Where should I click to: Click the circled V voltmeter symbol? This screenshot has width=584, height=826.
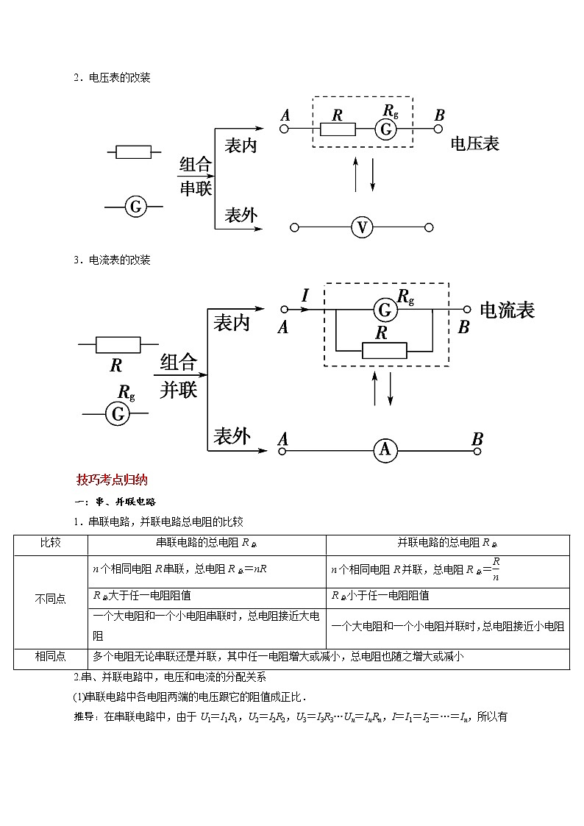pyautogui.click(x=361, y=228)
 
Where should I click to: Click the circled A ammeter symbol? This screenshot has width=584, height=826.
pyautogui.click(x=385, y=449)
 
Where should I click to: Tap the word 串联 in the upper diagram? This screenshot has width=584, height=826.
pyautogui.click(x=196, y=188)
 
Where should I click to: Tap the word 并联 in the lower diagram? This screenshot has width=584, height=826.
pyautogui.click(x=179, y=389)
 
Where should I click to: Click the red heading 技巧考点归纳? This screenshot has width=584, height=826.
pyautogui.click(x=112, y=480)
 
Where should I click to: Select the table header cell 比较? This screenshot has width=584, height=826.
pyautogui.click(x=50, y=544)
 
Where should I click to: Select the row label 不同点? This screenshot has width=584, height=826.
pyautogui.click(x=50, y=599)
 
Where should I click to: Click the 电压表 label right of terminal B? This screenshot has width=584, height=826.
pyautogui.click(x=475, y=144)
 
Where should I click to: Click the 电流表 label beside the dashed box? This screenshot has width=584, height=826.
pyautogui.click(x=507, y=310)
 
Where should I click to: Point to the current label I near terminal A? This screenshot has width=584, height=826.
pyautogui.click(x=305, y=296)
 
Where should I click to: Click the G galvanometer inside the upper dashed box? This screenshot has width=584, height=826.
pyautogui.click(x=385, y=129)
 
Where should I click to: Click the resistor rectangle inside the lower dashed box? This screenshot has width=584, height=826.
pyautogui.click(x=384, y=350)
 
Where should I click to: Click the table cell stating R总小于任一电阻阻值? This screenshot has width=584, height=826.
pyautogui.click(x=380, y=596)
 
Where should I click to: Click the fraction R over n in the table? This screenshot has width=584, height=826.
pyautogui.click(x=496, y=569)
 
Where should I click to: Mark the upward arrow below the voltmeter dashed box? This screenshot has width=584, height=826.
pyautogui.click(x=356, y=174)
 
